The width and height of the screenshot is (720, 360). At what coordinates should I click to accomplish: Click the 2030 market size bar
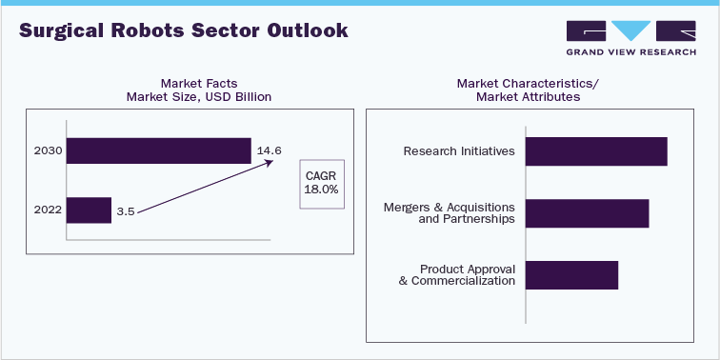click(158, 151)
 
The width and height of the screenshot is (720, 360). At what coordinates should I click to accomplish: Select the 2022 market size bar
click(90, 210)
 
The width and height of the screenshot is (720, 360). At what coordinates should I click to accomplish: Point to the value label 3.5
click(125, 210)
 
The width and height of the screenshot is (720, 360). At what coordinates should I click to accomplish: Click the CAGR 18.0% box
click(321, 183)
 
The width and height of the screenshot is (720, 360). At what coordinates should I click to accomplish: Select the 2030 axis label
click(46, 151)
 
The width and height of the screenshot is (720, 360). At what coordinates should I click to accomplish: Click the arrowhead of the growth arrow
click(270, 164)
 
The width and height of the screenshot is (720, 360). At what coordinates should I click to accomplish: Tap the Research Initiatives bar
click(596, 151)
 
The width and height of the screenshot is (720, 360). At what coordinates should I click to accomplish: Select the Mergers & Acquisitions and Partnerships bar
click(587, 213)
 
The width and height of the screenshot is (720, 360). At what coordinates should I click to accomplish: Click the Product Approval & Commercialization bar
click(571, 274)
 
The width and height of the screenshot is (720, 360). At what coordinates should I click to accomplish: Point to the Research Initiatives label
click(459, 151)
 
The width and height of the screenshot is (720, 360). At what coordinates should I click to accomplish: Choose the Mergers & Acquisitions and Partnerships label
click(449, 213)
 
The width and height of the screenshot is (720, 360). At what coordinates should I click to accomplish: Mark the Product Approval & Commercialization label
click(457, 274)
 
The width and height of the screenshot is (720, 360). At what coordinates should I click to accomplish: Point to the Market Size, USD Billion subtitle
click(199, 96)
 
